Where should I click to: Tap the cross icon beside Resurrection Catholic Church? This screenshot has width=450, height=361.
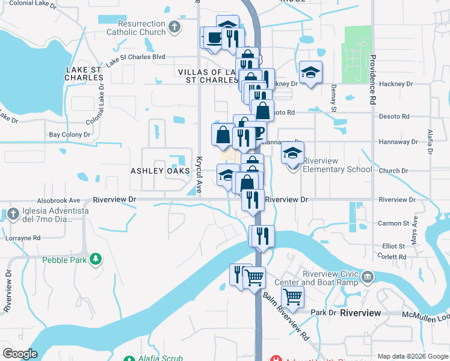point(174,26)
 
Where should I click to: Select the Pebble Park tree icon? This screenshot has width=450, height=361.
point(95,259)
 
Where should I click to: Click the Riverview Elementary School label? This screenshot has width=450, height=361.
point(337,165)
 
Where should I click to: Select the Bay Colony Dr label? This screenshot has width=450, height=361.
point(69,135)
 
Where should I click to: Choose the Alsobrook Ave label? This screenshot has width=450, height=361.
point(58,200)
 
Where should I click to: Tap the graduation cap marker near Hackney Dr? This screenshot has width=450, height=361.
point(310,72)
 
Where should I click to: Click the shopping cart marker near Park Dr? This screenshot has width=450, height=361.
point(292,296)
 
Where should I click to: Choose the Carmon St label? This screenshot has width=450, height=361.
point(393,223)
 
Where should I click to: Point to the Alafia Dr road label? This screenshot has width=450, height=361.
point(430,142)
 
